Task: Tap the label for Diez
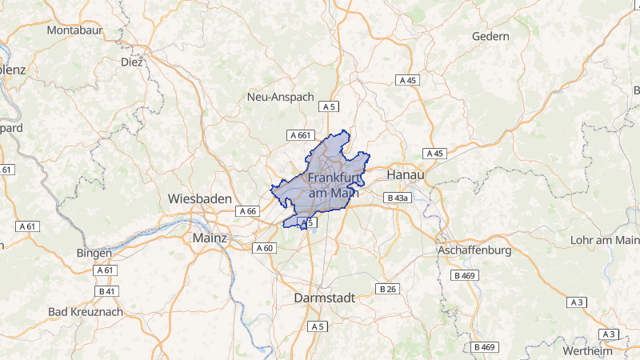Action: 131,62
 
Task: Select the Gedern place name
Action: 490,37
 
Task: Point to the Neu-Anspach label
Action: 281,97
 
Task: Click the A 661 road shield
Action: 299,135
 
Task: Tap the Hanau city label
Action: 405,174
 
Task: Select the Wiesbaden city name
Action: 200,198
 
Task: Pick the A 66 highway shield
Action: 247,211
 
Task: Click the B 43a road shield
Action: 397,198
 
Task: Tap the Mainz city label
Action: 210,238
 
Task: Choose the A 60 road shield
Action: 265,248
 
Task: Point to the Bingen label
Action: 94,253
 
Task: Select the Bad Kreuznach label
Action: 86,311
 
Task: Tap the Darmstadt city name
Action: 325,297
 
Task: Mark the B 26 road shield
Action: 388,288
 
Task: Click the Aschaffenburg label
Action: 474,250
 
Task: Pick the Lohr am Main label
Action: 604,240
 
